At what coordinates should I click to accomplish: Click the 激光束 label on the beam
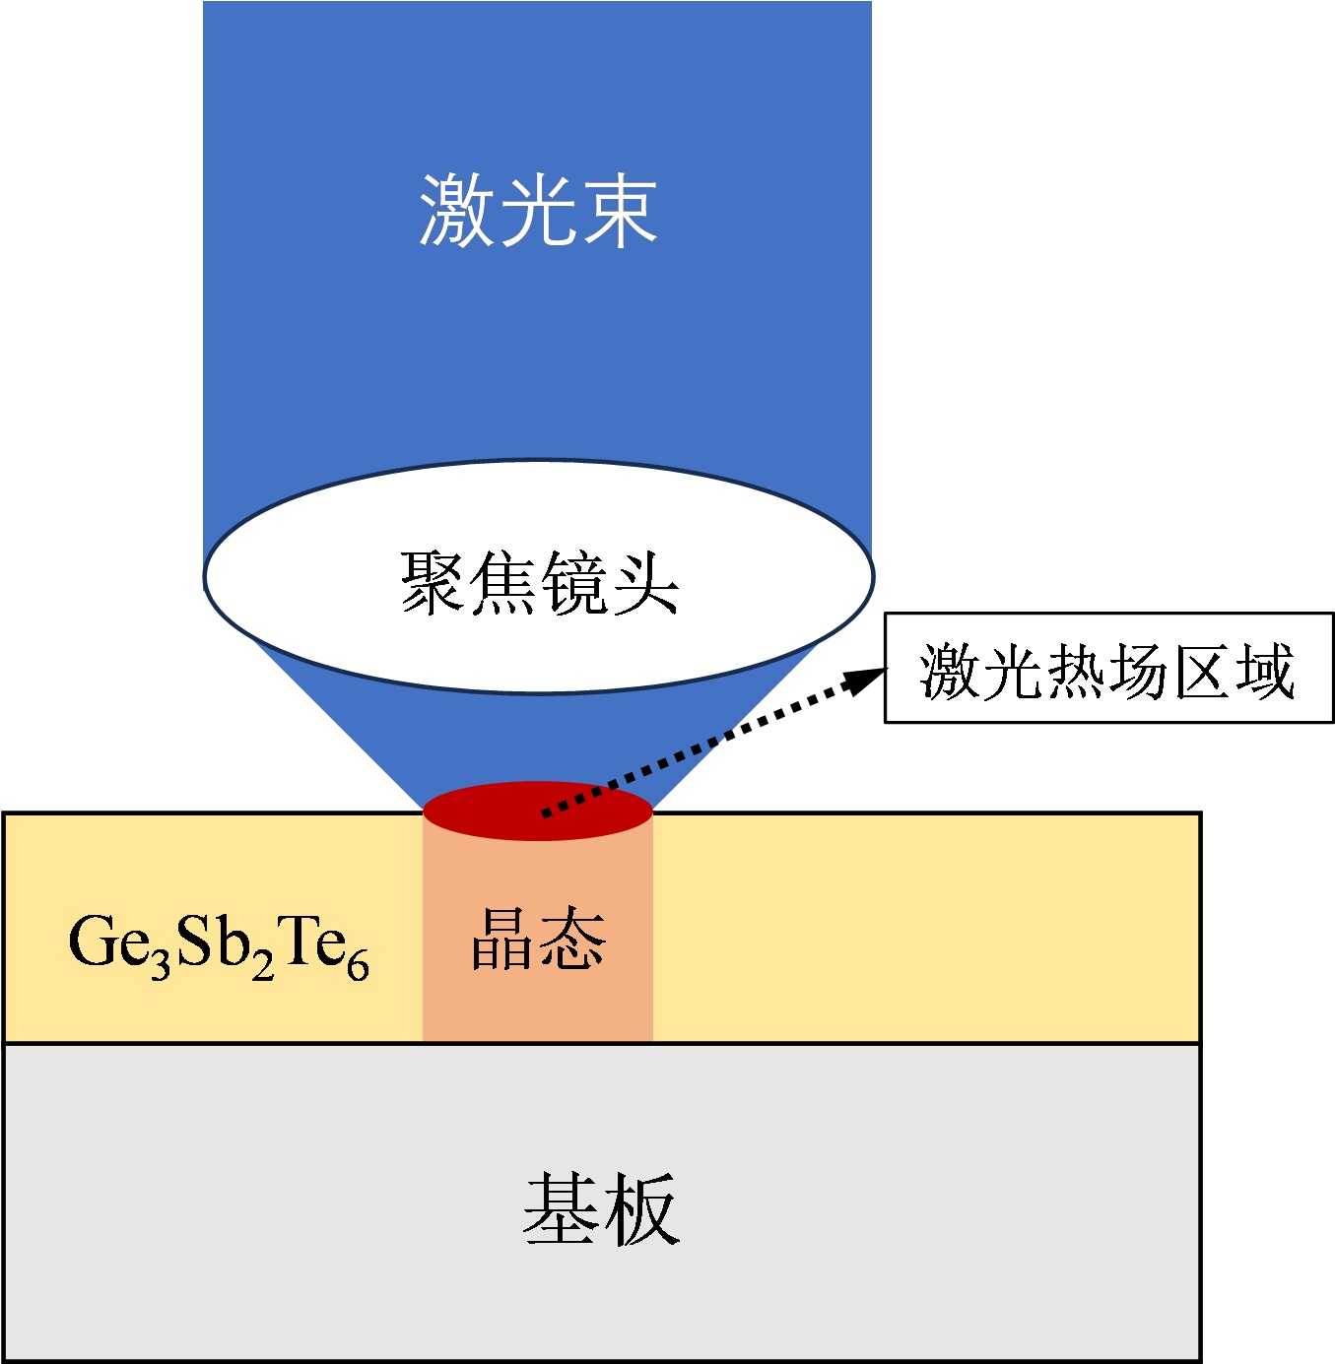click(x=538, y=210)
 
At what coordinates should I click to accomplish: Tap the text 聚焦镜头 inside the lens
click(x=539, y=583)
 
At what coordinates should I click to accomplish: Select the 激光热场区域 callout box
click(x=1108, y=668)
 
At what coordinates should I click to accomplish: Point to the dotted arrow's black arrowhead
click(x=867, y=678)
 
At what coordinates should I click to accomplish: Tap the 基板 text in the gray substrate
click(x=601, y=1207)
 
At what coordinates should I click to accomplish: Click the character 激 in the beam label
click(x=457, y=210)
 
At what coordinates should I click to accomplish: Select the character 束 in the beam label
click(x=621, y=210)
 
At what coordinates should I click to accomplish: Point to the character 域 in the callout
click(x=1265, y=672)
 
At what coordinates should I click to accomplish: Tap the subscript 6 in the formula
click(x=358, y=964)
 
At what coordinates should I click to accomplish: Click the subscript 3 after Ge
click(x=161, y=964)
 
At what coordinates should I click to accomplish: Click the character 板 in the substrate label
click(x=641, y=1207)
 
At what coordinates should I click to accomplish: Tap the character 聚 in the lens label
click(x=433, y=583)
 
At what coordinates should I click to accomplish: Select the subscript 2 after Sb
click(x=262, y=964)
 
